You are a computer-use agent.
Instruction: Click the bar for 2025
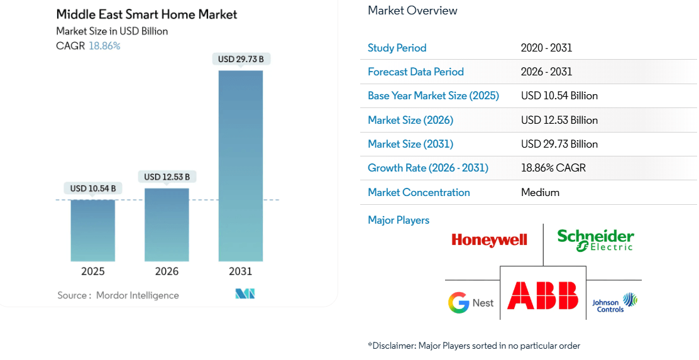point(92,230)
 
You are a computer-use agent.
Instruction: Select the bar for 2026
point(167,224)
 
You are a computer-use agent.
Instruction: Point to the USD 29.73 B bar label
point(241,59)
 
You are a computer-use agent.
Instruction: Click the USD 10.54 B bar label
point(92,188)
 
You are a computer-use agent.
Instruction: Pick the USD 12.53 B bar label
point(167,177)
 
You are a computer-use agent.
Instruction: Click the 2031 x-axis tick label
point(241,271)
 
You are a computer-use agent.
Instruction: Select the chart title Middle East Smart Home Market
point(146,14)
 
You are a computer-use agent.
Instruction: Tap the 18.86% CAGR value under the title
point(104,46)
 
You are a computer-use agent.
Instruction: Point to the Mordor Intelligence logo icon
point(245,294)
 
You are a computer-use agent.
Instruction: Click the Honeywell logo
point(489,239)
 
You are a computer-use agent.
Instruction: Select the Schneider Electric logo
point(595,239)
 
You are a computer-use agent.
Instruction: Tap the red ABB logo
point(543,295)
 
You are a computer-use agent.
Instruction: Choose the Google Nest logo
point(471,303)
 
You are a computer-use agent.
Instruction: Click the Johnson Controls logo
point(615,303)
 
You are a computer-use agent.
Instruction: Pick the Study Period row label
point(397,48)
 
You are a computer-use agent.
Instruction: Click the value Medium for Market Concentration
point(540,192)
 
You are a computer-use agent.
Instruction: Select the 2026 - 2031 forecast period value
point(546,72)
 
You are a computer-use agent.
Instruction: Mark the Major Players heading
point(399,220)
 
